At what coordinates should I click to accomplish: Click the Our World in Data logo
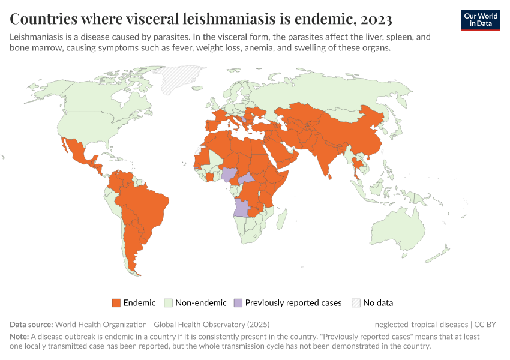pyautogui.click(x=480, y=20)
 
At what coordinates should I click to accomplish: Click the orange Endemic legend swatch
pyautogui.click(x=116, y=303)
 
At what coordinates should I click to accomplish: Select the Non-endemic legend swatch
pyautogui.click(x=169, y=303)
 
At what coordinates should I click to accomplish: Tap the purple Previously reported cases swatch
pyautogui.click(x=238, y=303)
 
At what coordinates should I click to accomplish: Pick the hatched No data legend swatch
pyautogui.click(x=356, y=303)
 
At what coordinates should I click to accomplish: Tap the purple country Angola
pyautogui.click(x=242, y=208)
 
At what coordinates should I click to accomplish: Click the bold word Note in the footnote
pyautogui.click(x=20, y=337)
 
